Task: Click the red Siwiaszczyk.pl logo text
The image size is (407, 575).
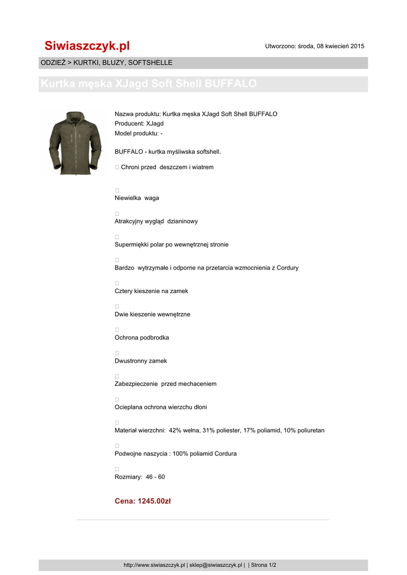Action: (x=87, y=46)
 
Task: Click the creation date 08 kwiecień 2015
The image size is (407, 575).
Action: (x=339, y=46)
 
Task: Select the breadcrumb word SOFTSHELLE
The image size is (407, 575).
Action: (x=150, y=63)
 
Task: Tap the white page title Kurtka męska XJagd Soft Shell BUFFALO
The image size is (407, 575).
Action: (x=149, y=84)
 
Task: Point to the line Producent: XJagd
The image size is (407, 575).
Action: (x=139, y=124)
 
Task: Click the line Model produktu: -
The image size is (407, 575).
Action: (x=138, y=133)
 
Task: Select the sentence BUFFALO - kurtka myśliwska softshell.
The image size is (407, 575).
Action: (x=168, y=152)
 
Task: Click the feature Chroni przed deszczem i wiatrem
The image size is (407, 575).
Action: (x=167, y=167)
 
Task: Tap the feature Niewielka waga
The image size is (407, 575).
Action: (x=136, y=198)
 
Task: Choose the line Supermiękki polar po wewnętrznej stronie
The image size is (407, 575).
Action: (x=171, y=244)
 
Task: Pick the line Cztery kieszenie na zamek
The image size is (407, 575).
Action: (x=151, y=291)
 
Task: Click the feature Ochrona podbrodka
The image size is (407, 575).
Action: (x=141, y=338)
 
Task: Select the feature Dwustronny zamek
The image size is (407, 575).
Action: (x=140, y=361)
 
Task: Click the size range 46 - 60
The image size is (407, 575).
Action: (x=155, y=477)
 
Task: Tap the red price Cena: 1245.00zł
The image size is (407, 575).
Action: (x=143, y=501)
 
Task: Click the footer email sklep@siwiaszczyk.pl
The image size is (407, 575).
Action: (x=216, y=565)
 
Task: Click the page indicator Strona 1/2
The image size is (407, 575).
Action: (x=263, y=565)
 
